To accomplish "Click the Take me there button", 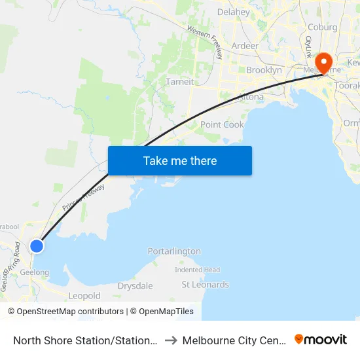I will pyautogui.click(x=180, y=160).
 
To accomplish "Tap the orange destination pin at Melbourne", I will pyautogui.click(x=323, y=62).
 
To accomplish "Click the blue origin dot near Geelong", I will pyautogui.click(x=37, y=245).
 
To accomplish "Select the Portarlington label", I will pyautogui.click(x=174, y=251).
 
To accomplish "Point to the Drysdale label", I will pyautogui.click(x=135, y=286).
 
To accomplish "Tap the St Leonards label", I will pyautogui.click(x=206, y=285).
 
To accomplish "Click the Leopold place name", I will pyautogui.click(x=84, y=296).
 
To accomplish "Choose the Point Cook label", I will pyautogui.click(x=222, y=124).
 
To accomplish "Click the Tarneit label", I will pyautogui.click(x=179, y=82).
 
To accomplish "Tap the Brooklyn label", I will pyautogui.click(x=264, y=70).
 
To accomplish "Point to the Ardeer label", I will pyautogui.click(x=244, y=46).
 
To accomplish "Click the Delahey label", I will pyautogui.click(x=233, y=12).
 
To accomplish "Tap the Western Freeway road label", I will pyautogui.click(x=205, y=40).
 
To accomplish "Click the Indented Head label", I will pyautogui.click(x=197, y=270).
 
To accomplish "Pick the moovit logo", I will pyautogui.click(x=321, y=339).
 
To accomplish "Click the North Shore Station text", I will pyautogui.click(x=85, y=340).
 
